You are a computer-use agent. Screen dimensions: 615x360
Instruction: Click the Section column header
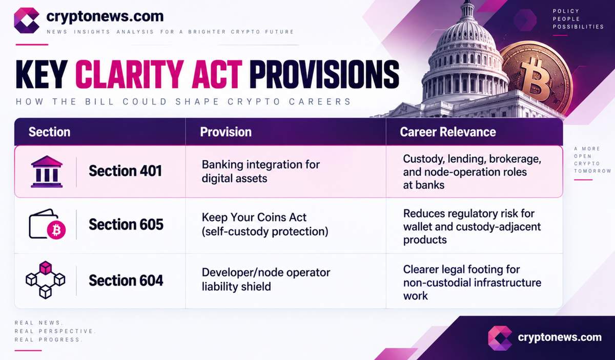tap(49, 132)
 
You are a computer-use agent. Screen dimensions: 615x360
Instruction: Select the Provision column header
tap(225, 132)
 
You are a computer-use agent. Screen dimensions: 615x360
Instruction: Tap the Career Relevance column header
tap(448, 132)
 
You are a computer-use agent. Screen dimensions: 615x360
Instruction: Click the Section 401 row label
tap(126, 171)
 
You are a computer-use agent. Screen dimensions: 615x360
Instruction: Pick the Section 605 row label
tap(126, 224)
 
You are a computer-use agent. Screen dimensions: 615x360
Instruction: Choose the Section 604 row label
tap(126, 281)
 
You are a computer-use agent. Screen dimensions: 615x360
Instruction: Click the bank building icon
tap(47, 172)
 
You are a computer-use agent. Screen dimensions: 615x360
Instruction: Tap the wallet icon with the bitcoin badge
tap(47, 224)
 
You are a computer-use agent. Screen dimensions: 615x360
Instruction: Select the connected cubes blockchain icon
tap(45, 280)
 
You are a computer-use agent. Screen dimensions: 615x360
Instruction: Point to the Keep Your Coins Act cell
tap(265, 224)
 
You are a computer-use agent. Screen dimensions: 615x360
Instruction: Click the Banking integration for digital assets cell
tap(260, 172)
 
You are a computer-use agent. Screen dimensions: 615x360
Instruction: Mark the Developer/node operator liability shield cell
tap(266, 279)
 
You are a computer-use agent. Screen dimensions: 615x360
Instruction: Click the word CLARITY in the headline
tap(130, 75)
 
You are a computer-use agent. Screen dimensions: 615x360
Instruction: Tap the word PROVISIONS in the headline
tap(324, 75)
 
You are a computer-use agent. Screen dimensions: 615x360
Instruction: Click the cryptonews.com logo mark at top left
tap(27, 20)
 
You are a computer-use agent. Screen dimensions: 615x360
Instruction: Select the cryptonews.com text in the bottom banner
tap(560, 337)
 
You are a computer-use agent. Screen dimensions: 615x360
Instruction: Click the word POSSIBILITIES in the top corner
tap(578, 27)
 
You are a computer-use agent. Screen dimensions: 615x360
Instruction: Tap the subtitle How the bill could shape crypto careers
tap(183, 102)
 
